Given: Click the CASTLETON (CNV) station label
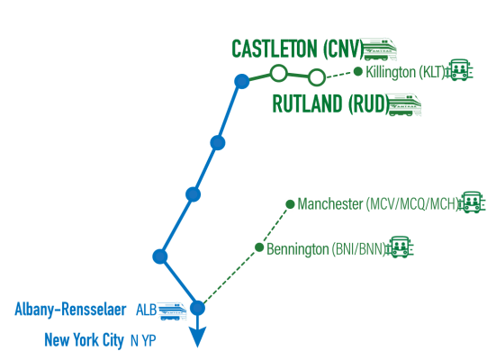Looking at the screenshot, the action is pos(298,49).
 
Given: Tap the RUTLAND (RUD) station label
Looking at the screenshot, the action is pos(330,103).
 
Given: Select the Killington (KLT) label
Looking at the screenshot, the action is pos(406,72).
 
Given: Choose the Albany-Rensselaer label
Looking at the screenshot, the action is pos(70,310).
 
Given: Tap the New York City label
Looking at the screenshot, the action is pos(85,340).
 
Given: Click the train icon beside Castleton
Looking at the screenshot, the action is pos(380,49).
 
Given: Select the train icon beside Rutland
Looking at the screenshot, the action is pos(404,104).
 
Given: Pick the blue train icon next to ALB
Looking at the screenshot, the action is pos(172,310).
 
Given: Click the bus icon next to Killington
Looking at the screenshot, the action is pos(459,70).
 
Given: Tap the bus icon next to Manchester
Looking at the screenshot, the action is pos(472,202).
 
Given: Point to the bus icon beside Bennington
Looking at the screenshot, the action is pos(400,247).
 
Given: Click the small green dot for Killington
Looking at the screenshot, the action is pos(358,72).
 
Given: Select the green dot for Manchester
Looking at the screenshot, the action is pos(290,204).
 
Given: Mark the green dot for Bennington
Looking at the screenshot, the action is pos(259,247).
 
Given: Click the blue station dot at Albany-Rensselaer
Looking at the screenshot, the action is pos(197,308).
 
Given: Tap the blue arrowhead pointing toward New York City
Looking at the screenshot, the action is pos(197,337).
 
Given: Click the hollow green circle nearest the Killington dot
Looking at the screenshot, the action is pos(317,76).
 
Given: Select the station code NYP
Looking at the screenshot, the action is pos(143,340).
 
